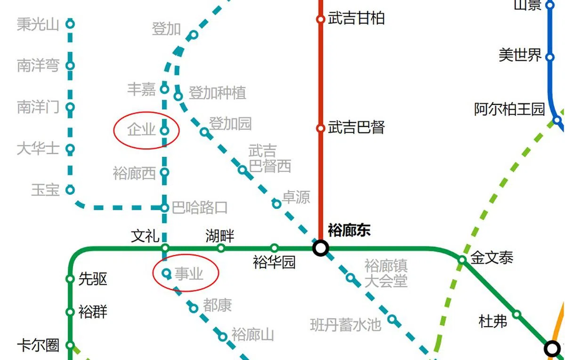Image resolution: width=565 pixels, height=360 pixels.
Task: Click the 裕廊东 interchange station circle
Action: pyautogui.click(x=321, y=248)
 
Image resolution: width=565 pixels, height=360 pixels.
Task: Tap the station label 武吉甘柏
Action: pyautogui.click(x=356, y=18)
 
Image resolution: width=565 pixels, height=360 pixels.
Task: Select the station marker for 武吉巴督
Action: pyautogui.click(x=321, y=128)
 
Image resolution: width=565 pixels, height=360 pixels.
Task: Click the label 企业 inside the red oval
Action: pyautogui.click(x=141, y=129)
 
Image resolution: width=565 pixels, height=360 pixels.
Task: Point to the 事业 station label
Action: pyautogui.click(x=189, y=273)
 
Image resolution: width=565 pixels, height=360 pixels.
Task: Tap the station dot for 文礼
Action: pyautogui.click(x=165, y=248)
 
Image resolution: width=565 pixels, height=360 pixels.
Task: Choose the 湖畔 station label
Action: pyautogui.click(x=219, y=235)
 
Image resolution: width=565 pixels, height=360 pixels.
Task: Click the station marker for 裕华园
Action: pyautogui.click(x=274, y=248)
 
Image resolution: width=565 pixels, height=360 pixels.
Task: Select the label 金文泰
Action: pyautogui.click(x=492, y=258)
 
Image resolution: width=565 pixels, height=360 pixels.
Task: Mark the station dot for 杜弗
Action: pyautogui.click(x=517, y=314)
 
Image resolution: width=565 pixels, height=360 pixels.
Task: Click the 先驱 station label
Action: pyautogui.click(x=93, y=279)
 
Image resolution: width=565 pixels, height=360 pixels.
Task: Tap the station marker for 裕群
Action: pyautogui.click(x=70, y=312)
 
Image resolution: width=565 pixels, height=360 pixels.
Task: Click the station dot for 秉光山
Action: pyautogui.click(x=70, y=24)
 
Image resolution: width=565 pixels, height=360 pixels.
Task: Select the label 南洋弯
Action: pyautogui.click(x=38, y=65)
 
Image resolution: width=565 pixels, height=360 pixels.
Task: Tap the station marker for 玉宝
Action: pyautogui.click(x=70, y=190)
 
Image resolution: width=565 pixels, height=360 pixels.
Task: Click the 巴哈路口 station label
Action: pyautogui.click(x=200, y=207)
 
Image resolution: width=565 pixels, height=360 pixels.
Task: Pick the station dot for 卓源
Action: pyautogui.click(x=277, y=204)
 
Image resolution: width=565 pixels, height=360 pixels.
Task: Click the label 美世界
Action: pyautogui.click(x=520, y=55)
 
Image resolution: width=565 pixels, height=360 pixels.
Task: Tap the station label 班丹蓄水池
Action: pyautogui.click(x=345, y=325)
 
